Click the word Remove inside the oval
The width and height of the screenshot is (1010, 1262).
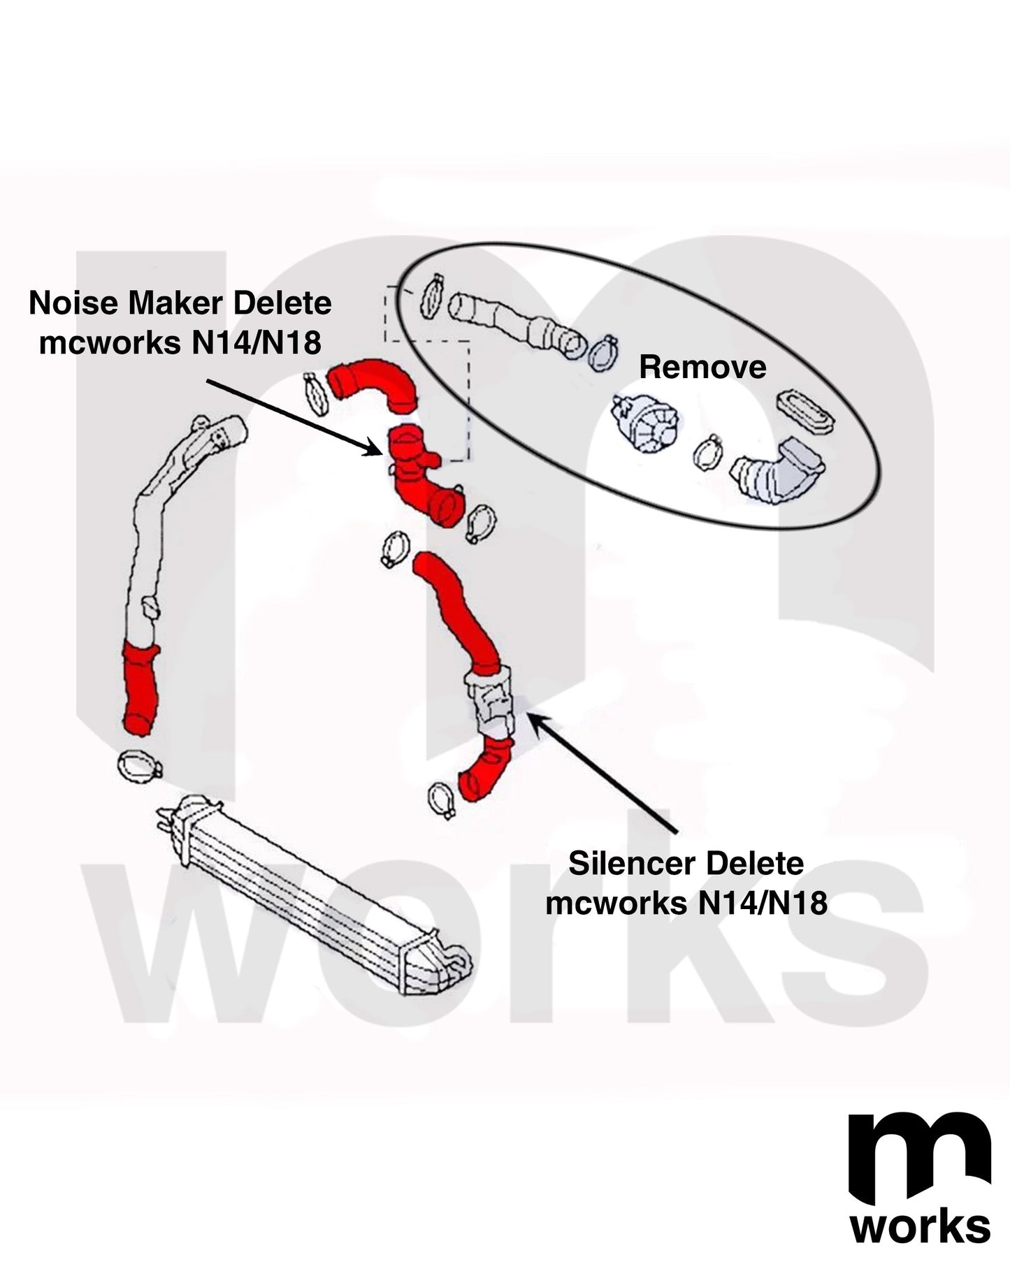[702, 368]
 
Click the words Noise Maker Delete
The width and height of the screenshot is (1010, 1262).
[180, 303]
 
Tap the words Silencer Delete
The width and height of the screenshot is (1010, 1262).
[686, 864]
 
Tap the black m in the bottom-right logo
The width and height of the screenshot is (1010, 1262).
[918, 1160]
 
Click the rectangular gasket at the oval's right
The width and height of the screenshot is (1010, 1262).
[805, 415]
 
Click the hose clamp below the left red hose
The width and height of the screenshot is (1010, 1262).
[138, 767]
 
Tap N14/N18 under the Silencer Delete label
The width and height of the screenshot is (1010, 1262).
[763, 903]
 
